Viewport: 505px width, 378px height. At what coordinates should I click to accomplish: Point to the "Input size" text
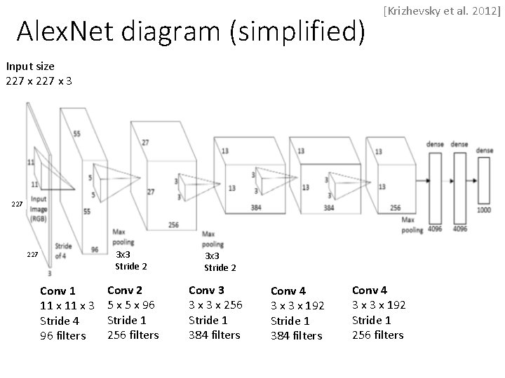(30, 66)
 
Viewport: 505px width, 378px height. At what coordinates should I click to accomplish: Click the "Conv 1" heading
(58, 290)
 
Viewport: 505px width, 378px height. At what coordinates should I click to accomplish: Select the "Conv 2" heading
(124, 290)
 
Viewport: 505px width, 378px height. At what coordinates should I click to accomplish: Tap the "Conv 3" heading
(206, 290)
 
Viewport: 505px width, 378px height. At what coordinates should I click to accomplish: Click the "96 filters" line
(62, 335)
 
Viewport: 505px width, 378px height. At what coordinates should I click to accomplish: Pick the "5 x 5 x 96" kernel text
(131, 305)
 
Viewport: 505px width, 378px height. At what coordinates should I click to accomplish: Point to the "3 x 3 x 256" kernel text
(215, 305)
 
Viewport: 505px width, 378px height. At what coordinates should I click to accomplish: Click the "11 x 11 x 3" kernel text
(67, 306)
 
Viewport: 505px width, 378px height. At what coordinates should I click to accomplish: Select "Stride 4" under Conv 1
(59, 321)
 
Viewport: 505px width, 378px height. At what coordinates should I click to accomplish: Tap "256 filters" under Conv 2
(133, 335)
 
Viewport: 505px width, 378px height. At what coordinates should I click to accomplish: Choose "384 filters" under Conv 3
(214, 335)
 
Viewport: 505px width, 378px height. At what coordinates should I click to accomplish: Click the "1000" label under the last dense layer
(484, 209)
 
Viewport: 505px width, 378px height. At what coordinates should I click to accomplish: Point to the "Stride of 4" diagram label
(62, 251)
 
